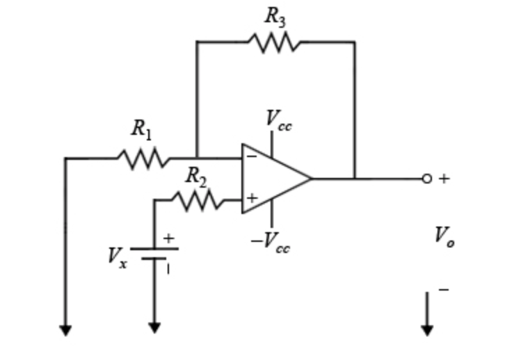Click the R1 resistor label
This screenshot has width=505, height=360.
pyautogui.click(x=141, y=129)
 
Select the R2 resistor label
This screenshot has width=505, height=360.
pyautogui.click(x=196, y=177)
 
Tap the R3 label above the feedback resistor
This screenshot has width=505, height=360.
pyautogui.click(x=275, y=18)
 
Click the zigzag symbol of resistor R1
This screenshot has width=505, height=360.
pyautogui.click(x=143, y=158)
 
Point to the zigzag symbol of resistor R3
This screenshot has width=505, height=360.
pyautogui.click(x=275, y=43)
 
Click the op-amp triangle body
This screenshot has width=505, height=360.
pyautogui.click(x=273, y=178)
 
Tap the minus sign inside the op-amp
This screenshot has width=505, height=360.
pyautogui.click(x=251, y=157)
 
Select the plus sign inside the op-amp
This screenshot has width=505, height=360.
pyautogui.click(x=251, y=199)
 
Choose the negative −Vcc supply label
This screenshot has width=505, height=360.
pyautogui.click(x=271, y=243)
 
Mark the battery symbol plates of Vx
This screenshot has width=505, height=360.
pyautogui.click(x=154, y=253)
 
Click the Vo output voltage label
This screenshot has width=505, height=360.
pyautogui.click(x=444, y=237)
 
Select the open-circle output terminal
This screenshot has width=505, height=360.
pyautogui.click(x=426, y=179)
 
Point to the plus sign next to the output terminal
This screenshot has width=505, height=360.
pyautogui.click(x=444, y=179)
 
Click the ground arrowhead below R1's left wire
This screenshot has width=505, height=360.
pyautogui.click(x=65, y=329)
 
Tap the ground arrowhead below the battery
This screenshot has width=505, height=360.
pyautogui.click(x=154, y=327)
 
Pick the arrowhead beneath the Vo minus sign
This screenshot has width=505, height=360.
pyautogui.click(x=427, y=329)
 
